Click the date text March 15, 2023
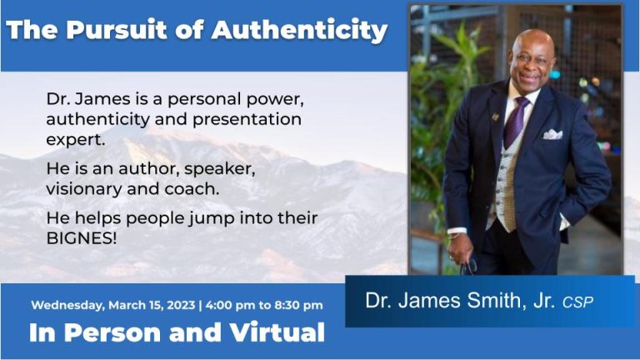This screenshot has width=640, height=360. pos(147,305)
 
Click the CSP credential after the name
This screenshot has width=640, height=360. pos(577,302)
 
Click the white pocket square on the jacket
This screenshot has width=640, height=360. pos(552,133)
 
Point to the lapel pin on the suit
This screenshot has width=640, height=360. pos(496,117)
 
